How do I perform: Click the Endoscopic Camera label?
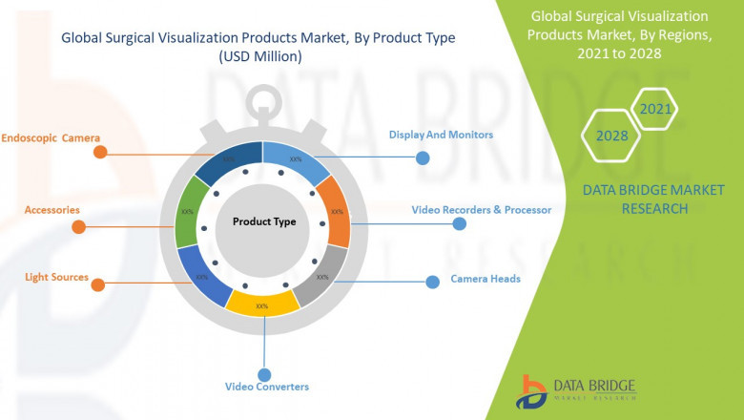[x=51, y=137]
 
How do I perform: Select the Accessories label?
[x=52, y=209]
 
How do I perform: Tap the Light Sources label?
[x=57, y=278]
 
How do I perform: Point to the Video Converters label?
[x=267, y=387]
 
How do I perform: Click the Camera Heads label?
[x=486, y=280]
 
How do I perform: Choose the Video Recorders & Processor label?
[x=481, y=209]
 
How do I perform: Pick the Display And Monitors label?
[x=441, y=135]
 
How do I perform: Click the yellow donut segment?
[x=260, y=304]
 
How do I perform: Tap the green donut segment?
[x=188, y=212]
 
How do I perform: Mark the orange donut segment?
[x=335, y=212]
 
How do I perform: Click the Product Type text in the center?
[x=264, y=221]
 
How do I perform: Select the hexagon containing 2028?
[x=611, y=136]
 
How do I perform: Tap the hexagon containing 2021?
[x=655, y=109]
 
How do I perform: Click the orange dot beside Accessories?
[x=78, y=227]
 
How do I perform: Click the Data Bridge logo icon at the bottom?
[x=531, y=390]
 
